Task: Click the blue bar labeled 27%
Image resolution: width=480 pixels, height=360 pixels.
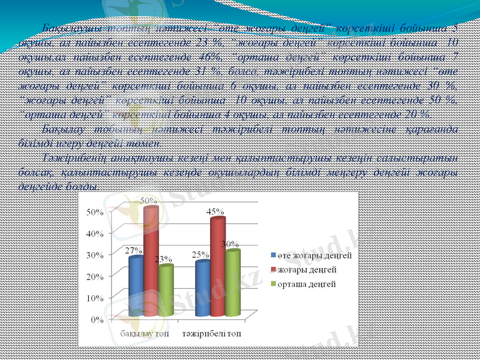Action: point(136,287)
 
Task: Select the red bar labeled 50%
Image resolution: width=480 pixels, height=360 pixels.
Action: point(151,262)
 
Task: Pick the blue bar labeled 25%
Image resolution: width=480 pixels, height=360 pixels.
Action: point(202,289)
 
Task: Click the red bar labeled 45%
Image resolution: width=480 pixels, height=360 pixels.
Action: point(217,267)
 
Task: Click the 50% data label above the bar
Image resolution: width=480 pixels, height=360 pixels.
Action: point(149,199)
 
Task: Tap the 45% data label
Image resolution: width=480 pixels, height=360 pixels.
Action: point(216,212)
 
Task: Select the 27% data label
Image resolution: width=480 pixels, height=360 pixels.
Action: point(133,250)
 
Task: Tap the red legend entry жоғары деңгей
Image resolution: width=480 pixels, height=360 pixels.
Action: point(306,269)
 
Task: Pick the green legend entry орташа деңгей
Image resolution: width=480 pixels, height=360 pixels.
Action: point(306,283)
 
